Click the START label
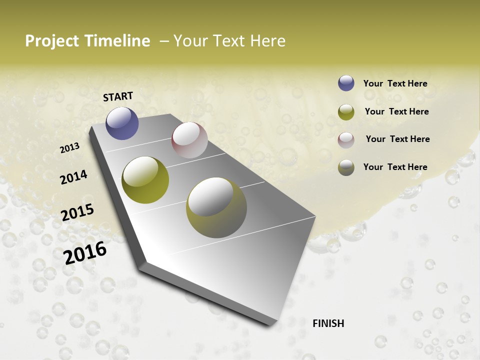click(118, 96)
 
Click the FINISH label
click(328, 323)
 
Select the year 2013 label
click(69, 148)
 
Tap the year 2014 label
click(74, 177)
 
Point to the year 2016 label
click(85, 252)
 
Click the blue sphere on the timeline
click(122, 123)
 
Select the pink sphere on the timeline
click(189, 140)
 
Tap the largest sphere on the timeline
click(216, 207)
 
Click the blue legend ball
click(346, 83)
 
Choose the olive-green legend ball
click(346, 112)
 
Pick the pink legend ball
click(346, 140)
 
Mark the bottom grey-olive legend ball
click(346, 167)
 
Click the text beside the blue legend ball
click(395, 83)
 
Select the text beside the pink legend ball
click(397, 139)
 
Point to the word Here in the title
click(267, 41)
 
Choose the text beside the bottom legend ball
click(395, 167)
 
